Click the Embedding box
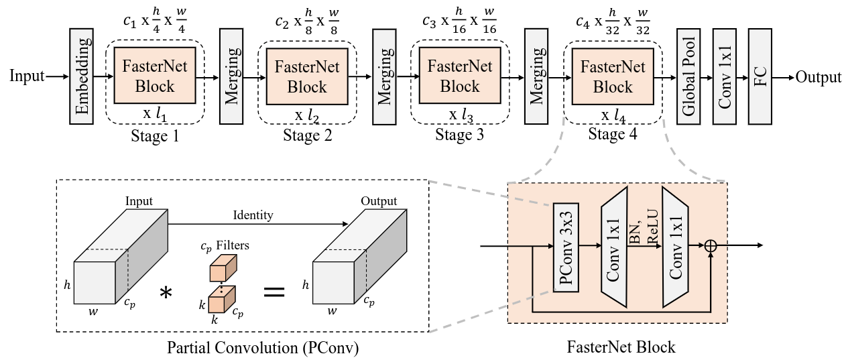pyautogui.click(x=81, y=76)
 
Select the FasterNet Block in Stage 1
pyautogui.click(x=155, y=76)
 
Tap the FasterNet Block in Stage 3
pyautogui.click(x=460, y=76)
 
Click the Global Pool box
pyautogui.click(x=688, y=76)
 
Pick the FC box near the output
pyautogui.click(x=760, y=76)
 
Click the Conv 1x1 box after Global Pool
pyautogui.click(x=724, y=76)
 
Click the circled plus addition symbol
pyautogui.click(x=711, y=245)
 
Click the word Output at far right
pyautogui.click(x=818, y=76)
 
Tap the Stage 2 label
pyautogui.click(x=307, y=136)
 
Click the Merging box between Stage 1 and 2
pyautogui.click(x=231, y=76)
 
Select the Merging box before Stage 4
pyautogui.click(x=536, y=76)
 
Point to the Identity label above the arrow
pyautogui.click(x=253, y=215)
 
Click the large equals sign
pyautogui.click(x=273, y=293)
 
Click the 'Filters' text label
pyautogui.click(x=235, y=246)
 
